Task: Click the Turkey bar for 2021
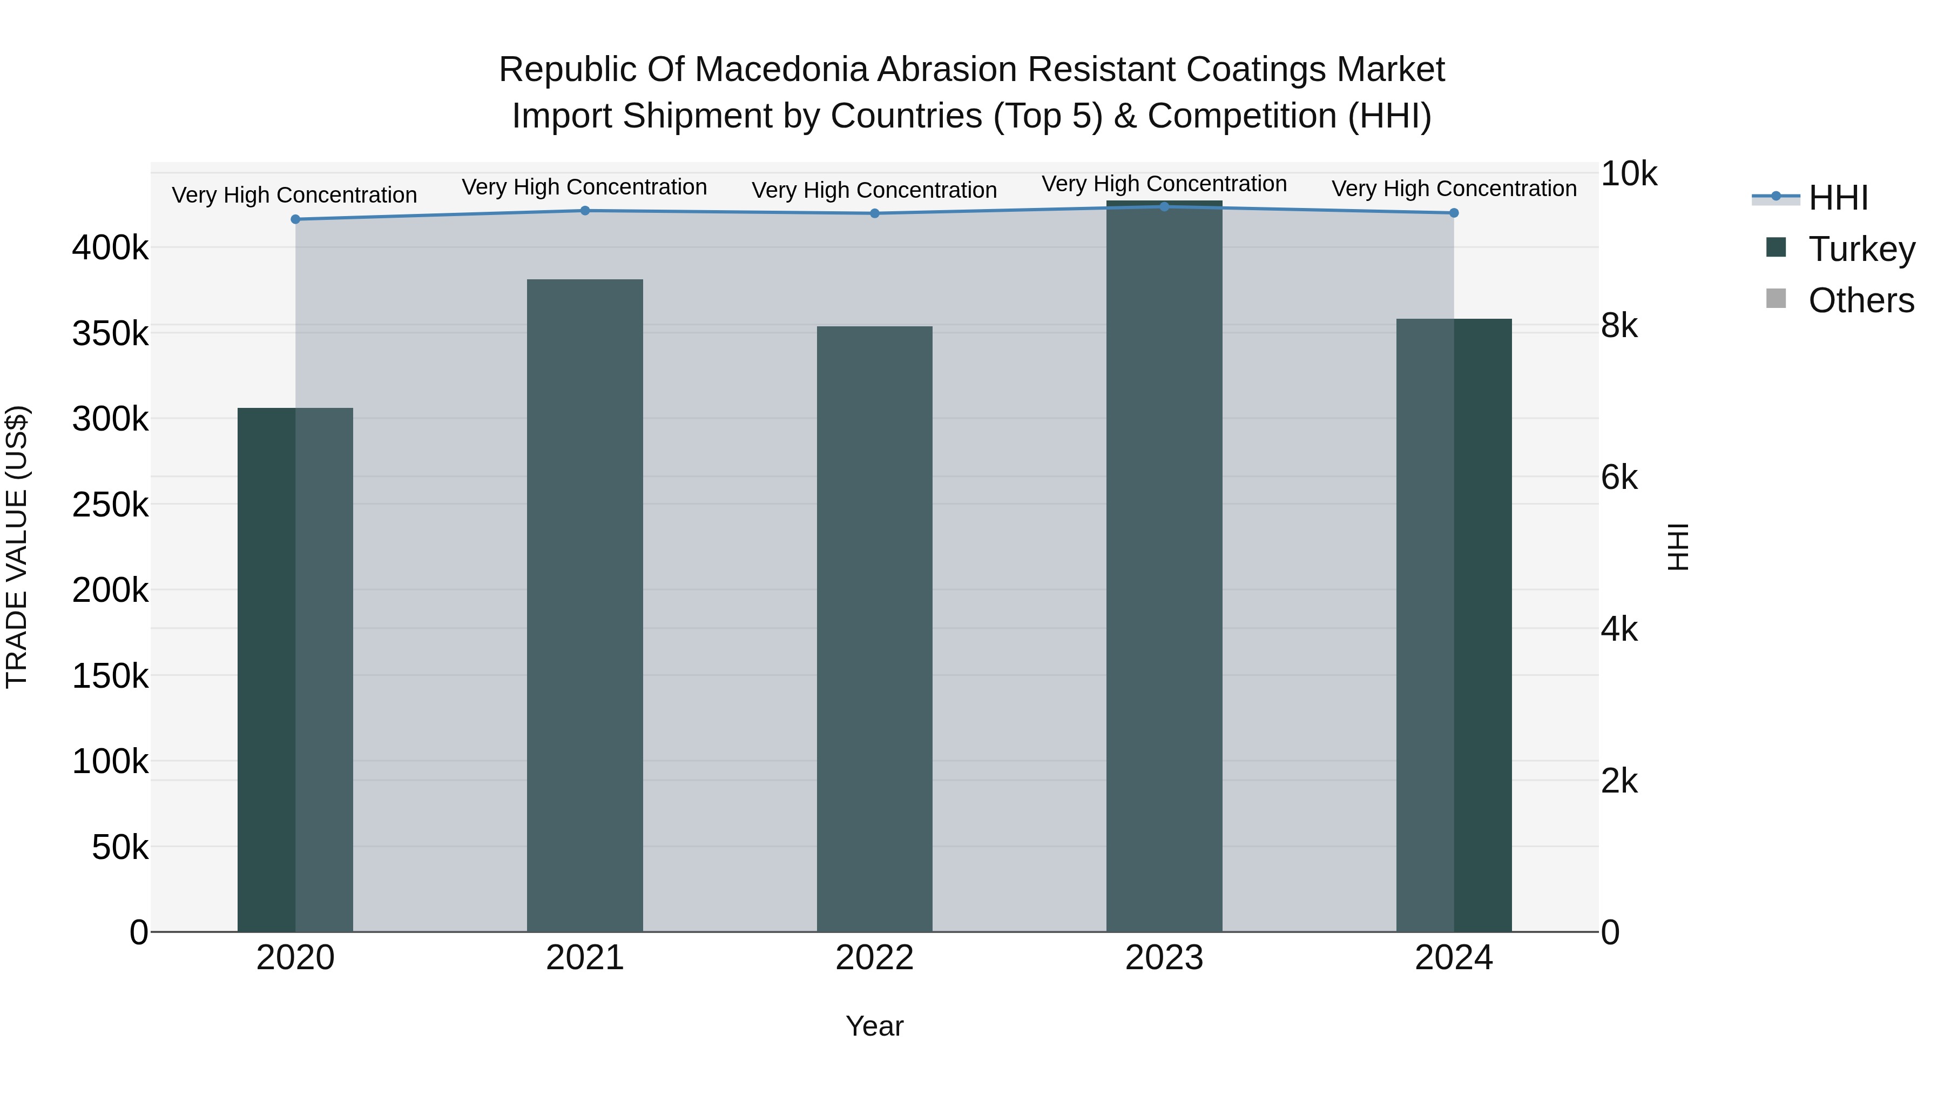tap(585, 604)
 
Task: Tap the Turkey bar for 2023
tap(1164, 566)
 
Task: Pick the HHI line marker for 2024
tap(1454, 213)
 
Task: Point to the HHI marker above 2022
tap(875, 213)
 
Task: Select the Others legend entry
tap(1861, 300)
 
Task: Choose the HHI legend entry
tap(1838, 198)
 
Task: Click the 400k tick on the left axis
tap(110, 247)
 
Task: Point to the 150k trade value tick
tap(110, 676)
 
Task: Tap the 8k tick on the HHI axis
tap(1619, 326)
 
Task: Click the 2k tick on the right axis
tap(1619, 781)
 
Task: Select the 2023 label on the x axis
tap(1164, 958)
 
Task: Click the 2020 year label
tap(295, 958)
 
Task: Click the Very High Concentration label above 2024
tap(1454, 189)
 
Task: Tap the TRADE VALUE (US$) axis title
tap(17, 547)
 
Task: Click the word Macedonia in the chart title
tap(780, 70)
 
